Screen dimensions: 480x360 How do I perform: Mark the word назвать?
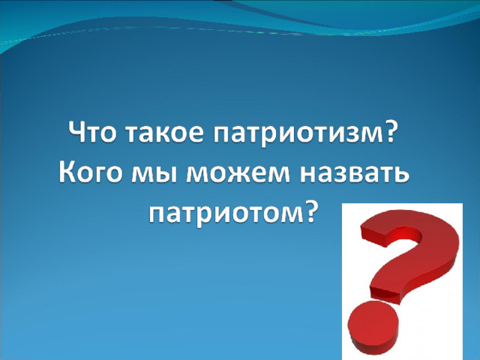click(x=354, y=175)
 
